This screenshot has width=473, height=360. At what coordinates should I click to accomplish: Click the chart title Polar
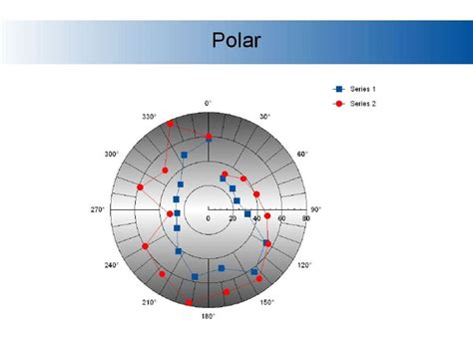[x=236, y=41]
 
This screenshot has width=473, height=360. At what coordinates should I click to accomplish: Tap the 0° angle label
[x=208, y=103]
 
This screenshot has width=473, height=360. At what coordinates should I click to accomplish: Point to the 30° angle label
[x=265, y=117]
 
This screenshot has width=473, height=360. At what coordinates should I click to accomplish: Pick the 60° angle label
[x=302, y=155]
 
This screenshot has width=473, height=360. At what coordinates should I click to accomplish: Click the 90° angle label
[x=316, y=209]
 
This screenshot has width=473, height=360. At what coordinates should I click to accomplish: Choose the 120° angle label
[x=303, y=265]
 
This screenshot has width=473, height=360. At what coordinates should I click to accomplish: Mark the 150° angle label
[x=266, y=302]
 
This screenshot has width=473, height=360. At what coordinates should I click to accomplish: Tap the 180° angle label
[x=208, y=317]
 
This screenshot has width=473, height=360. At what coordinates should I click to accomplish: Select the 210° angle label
[x=149, y=302]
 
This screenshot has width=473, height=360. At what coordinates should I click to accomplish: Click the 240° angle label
[x=111, y=265]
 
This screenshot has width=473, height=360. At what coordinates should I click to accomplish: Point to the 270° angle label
[x=98, y=209]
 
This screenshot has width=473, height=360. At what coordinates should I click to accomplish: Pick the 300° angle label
[x=111, y=155]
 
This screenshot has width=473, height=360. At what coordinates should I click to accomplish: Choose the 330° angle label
[x=149, y=117]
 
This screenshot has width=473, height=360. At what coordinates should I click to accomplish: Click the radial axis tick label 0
[x=208, y=218]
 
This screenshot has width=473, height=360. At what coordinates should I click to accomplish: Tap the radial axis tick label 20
[x=233, y=218]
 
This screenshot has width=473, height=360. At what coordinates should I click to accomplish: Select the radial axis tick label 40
[x=257, y=218]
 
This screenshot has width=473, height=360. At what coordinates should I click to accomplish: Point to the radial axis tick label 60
[x=282, y=218]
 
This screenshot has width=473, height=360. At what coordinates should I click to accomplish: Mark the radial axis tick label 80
[x=306, y=218]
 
